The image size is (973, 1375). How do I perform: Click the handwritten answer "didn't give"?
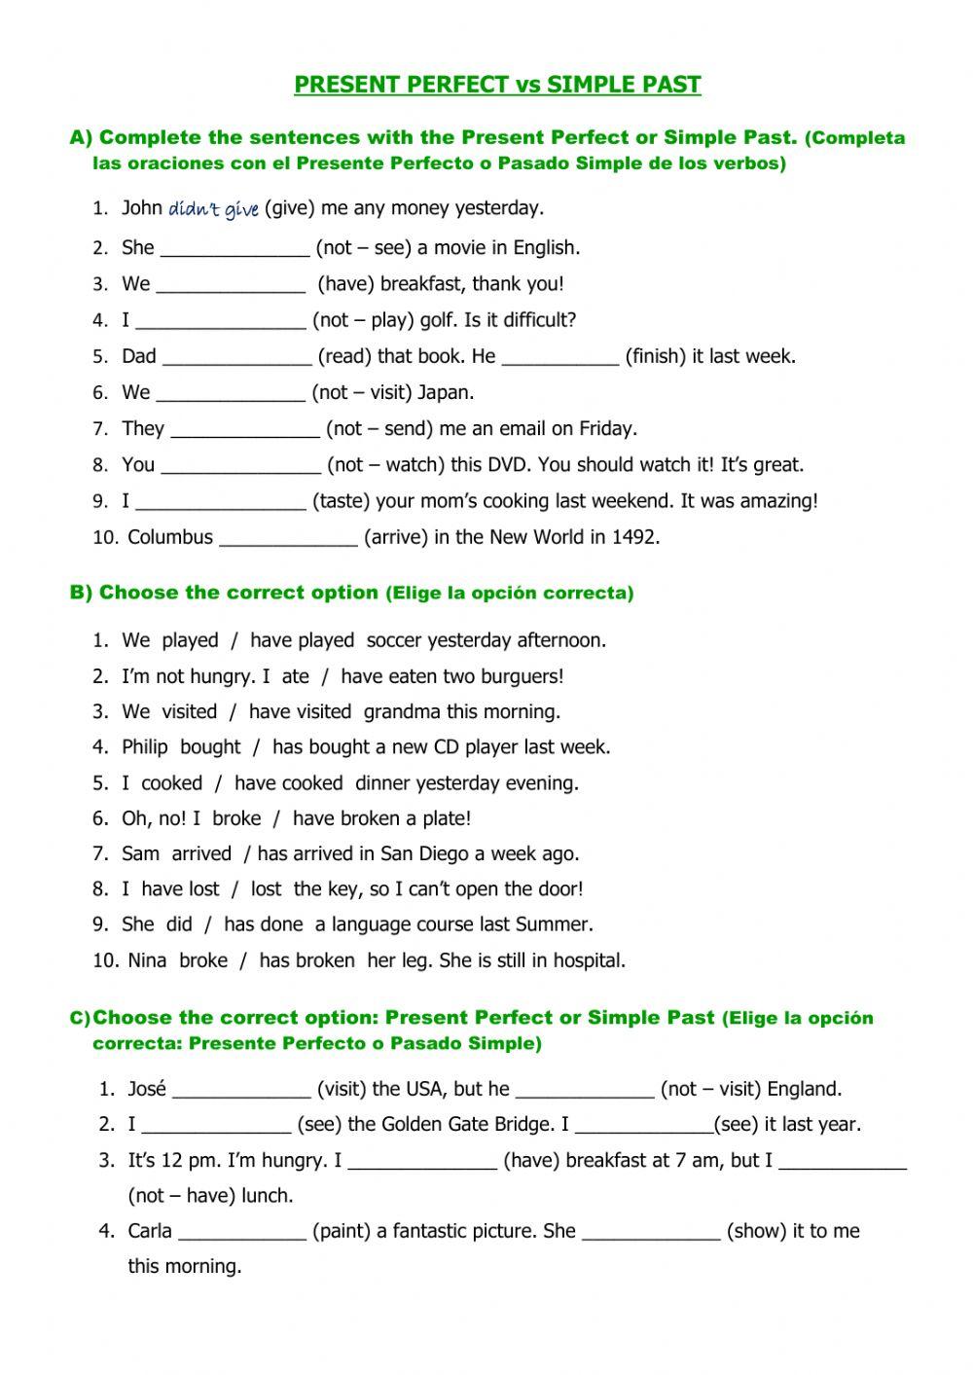click(213, 209)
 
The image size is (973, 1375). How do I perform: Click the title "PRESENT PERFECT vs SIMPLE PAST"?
click(497, 85)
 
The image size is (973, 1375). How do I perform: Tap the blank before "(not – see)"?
click(234, 249)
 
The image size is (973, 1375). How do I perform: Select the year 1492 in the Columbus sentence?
click(634, 537)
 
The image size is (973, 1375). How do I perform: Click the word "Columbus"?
click(170, 537)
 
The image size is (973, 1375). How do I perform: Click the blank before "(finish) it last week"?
click(559, 357)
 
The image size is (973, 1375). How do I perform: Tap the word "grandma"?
click(402, 712)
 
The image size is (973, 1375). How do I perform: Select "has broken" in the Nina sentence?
click(306, 960)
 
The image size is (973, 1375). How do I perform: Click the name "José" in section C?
click(147, 1089)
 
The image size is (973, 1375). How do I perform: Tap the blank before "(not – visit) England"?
click(584, 1091)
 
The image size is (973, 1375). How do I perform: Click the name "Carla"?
click(150, 1232)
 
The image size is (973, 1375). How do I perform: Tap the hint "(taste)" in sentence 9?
click(341, 501)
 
